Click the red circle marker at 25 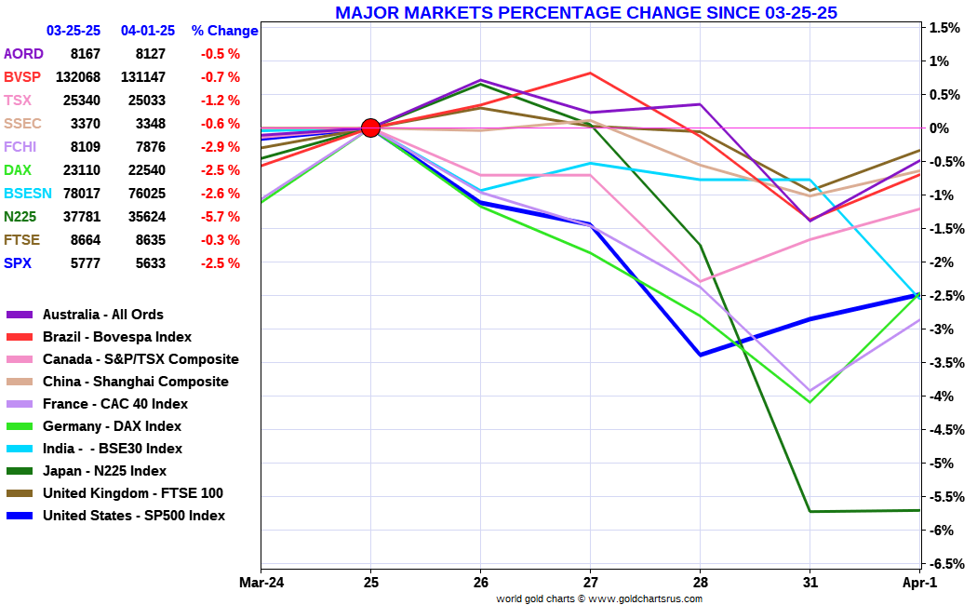[370, 128]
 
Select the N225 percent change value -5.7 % [221, 217]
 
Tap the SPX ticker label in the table [18, 263]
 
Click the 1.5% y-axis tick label [944, 28]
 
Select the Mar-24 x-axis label [261, 584]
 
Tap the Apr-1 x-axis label [919, 584]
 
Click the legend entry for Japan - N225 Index [104, 471]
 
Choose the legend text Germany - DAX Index [112, 426]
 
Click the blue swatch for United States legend [20, 516]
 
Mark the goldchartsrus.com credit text [599, 598]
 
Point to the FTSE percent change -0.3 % [221, 240]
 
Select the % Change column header [224, 31]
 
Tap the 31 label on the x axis [810, 584]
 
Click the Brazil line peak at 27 [590, 73]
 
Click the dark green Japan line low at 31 [810, 511]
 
